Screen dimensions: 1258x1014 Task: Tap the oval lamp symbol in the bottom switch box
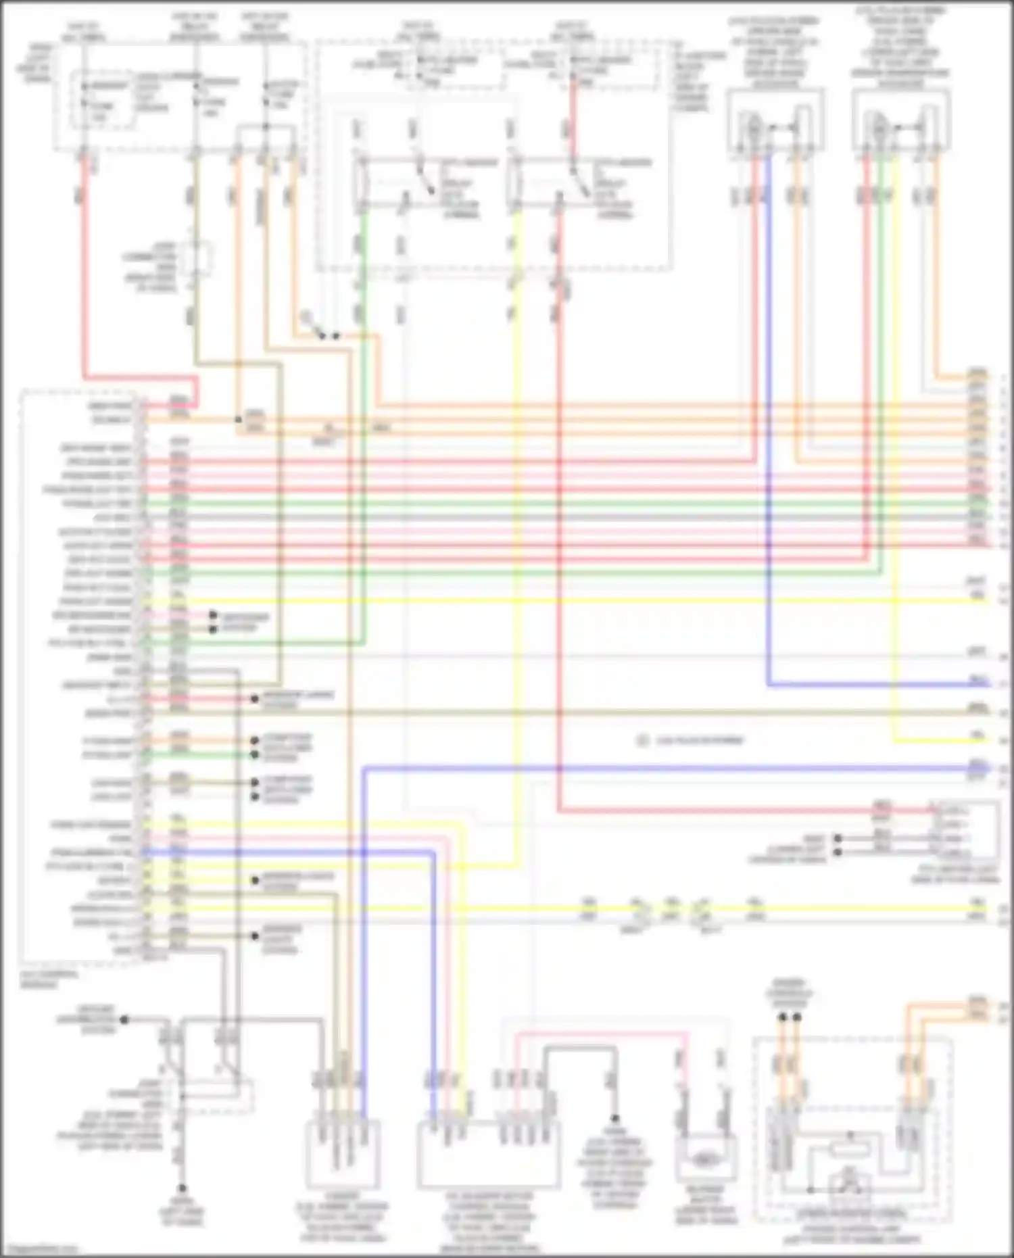pos(705,1160)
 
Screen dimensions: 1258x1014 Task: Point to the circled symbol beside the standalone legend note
pos(643,741)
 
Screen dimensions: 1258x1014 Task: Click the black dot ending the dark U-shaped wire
pos(615,1119)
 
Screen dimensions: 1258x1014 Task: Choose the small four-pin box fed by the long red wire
pos(964,831)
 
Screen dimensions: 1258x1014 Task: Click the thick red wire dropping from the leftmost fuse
pos(84,270)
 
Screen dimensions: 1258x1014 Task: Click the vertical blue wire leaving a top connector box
pos(769,406)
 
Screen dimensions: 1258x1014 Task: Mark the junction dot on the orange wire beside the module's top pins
pos(238,420)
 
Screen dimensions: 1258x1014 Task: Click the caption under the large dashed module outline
pos(49,979)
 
